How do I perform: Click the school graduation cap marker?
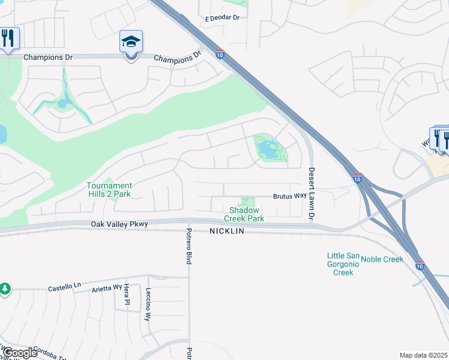tap(131, 42)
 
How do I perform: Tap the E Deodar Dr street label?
tap(222, 18)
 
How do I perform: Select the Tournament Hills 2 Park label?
tap(109, 190)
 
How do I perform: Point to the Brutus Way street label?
tap(290, 196)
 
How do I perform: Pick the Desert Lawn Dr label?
tap(312, 193)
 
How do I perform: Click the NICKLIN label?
tap(228, 231)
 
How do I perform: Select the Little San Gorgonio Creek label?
tap(343, 264)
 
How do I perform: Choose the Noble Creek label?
tap(382, 259)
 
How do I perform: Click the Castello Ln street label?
tap(64, 289)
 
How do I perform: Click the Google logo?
tap(19, 352)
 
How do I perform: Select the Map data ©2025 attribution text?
tap(423, 355)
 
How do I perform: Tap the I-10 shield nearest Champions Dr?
tap(220, 55)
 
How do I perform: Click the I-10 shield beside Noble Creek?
tap(419, 266)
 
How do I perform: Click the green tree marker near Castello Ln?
tap(5, 289)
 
